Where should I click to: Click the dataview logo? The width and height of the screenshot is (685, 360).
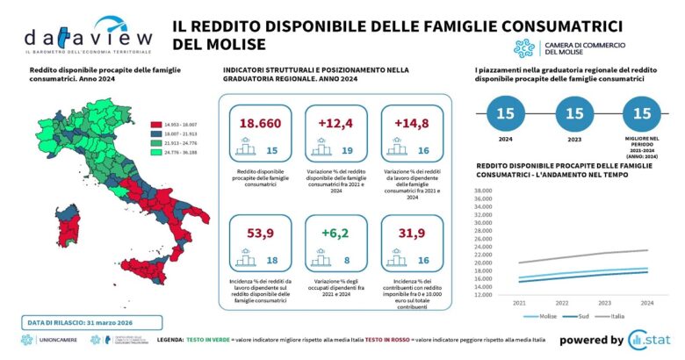[x=88, y=35]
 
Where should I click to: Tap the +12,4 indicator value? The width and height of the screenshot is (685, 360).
[x=335, y=122]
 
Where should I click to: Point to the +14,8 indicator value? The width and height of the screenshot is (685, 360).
[x=411, y=122]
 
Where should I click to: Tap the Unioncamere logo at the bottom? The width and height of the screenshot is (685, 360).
[x=49, y=340]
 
